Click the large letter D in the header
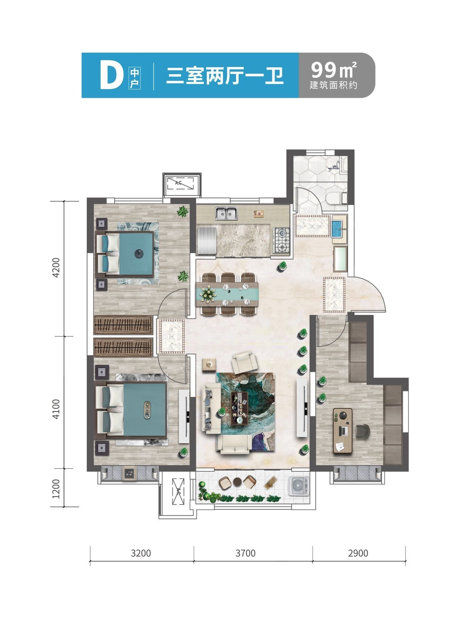[110, 76]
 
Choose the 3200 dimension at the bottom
[141, 553]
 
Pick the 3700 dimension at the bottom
[246, 553]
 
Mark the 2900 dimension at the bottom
[358, 553]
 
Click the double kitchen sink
[226, 213]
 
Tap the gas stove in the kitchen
[282, 240]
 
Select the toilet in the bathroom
[336, 198]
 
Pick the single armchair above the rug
[245, 362]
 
